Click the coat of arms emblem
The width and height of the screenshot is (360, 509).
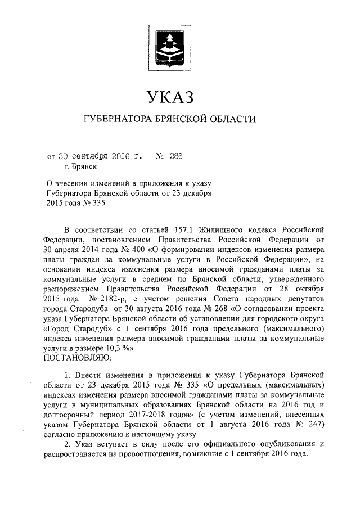pyautogui.click(x=170, y=46)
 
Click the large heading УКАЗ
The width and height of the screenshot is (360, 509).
pyautogui.click(x=169, y=97)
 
